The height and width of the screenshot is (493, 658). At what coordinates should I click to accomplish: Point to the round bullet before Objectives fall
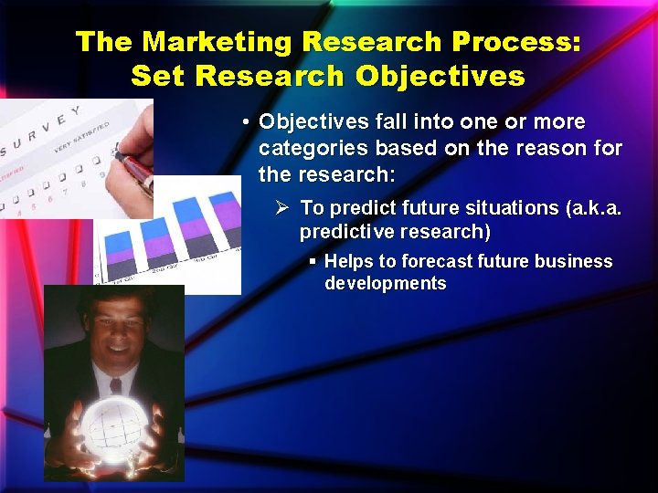pyautogui.click(x=247, y=122)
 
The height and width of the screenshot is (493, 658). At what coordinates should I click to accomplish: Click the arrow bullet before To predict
pyautogui.click(x=283, y=208)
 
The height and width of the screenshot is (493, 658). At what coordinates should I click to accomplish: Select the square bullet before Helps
pyautogui.click(x=313, y=261)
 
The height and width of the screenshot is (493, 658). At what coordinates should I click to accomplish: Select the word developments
pyautogui.click(x=385, y=283)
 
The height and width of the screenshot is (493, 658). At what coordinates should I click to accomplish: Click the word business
pyautogui.click(x=574, y=261)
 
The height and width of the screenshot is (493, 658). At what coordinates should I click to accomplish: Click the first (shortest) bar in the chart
pyautogui.click(x=120, y=257)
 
